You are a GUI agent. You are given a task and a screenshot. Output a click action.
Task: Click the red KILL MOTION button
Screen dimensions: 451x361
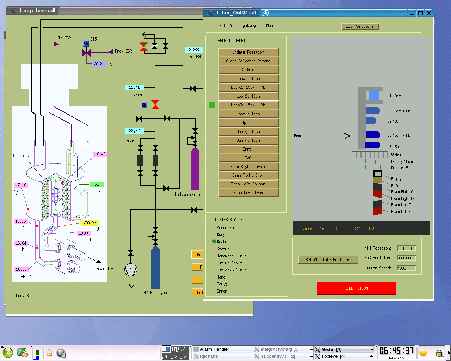pyautogui.click(x=357, y=288)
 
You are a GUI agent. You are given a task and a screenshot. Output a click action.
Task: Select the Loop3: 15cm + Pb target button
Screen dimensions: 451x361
pyautogui.click(x=248, y=105)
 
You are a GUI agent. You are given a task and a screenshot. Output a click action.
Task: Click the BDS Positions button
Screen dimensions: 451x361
pyautogui.click(x=360, y=26)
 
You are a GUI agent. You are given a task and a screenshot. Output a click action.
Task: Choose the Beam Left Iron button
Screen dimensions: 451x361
pyautogui.click(x=248, y=193)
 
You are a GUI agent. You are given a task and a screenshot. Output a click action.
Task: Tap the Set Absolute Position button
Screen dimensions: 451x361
pyautogui.click(x=328, y=260)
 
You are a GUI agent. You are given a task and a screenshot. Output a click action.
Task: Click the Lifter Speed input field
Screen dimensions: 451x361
pyautogui.click(x=406, y=268)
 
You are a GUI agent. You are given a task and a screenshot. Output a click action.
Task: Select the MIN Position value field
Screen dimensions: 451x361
pyautogui.click(x=406, y=248)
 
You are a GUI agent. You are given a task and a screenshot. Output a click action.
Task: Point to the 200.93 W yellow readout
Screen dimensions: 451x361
pyautogui.click(x=90, y=223)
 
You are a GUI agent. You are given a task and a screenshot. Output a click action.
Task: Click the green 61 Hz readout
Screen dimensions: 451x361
pyautogui.click(x=97, y=184)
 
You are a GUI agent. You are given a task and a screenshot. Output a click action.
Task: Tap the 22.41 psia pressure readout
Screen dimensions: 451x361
pyautogui.click(x=135, y=87)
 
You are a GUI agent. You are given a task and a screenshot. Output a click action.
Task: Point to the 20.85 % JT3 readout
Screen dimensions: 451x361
pyautogui.click(x=99, y=64)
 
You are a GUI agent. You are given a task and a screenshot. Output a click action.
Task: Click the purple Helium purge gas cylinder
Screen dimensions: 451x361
pyautogui.click(x=195, y=169)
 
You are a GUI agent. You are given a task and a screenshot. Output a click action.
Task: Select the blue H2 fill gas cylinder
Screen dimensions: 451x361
pyautogui.click(x=155, y=268)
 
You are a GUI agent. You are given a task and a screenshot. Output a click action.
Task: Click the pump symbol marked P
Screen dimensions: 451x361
pyautogui.click(x=131, y=269)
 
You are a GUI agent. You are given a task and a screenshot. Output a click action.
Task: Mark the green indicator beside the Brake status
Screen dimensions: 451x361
pyautogui.click(x=214, y=241)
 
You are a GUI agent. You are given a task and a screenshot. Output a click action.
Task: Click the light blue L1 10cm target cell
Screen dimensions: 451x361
pyautogui.click(x=373, y=96)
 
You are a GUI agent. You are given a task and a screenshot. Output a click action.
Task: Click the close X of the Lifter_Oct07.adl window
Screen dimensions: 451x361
pyautogui.click(x=429, y=13)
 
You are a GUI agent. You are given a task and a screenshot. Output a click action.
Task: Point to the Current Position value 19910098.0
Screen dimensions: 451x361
pyautogui.click(x=363, y=228)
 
